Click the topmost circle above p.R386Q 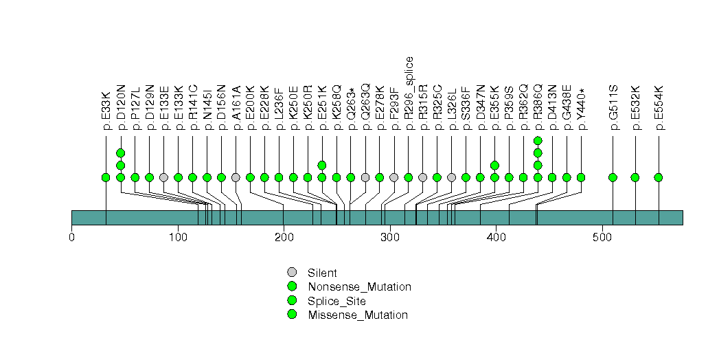(538, 141)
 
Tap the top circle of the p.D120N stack (120, 153)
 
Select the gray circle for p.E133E (163, 177)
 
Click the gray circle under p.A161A (236, 177)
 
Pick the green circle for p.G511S (613, 177)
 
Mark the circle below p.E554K (658, 177)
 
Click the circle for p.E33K (106, 177)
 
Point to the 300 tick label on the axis (390, 238)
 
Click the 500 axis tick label (602, 238)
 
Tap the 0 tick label (72, 238)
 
